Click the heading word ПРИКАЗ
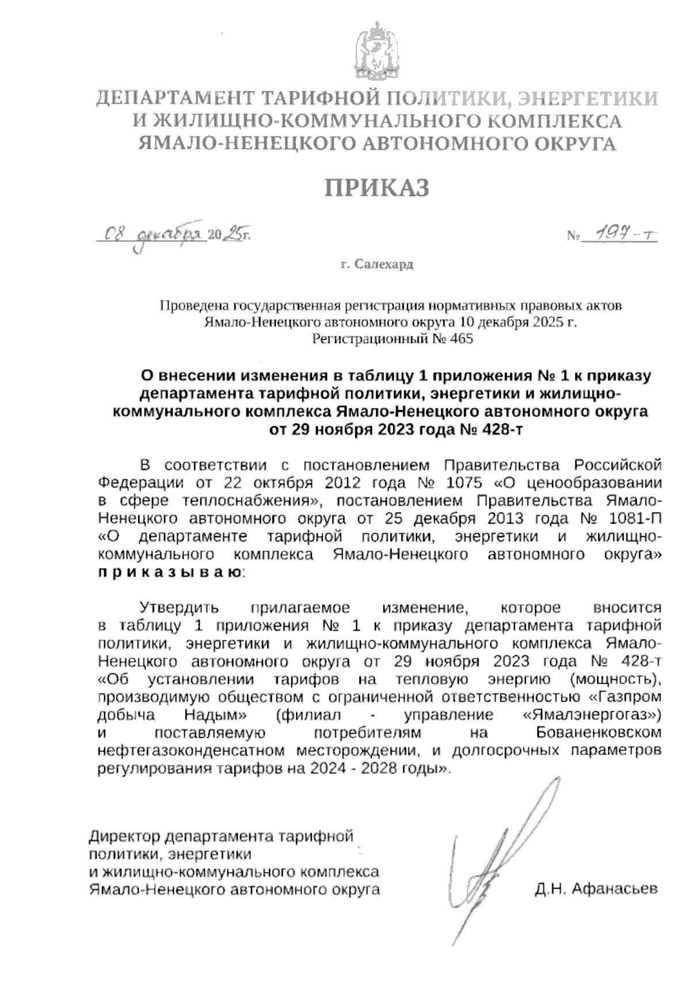click(x=378, y=188)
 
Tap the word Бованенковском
click(x=599, y=733)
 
